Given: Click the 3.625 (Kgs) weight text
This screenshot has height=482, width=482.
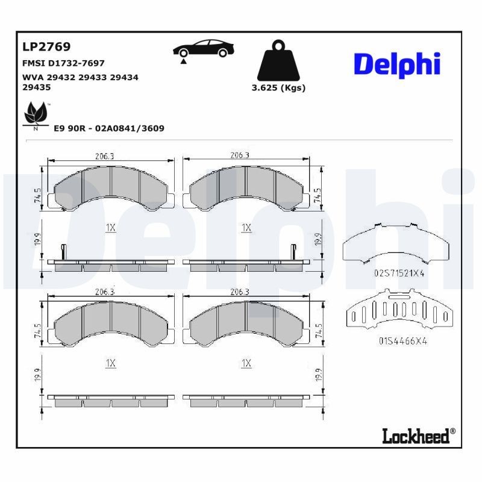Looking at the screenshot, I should click(x=278, y=88).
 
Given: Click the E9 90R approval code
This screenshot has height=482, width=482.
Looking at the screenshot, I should click(x=109, y=128).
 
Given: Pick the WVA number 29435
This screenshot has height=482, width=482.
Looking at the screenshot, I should click(x=37, y=87).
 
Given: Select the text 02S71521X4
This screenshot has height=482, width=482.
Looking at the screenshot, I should click(x=399, y=273).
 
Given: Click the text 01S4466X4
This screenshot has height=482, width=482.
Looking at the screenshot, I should click(x=402, y=340).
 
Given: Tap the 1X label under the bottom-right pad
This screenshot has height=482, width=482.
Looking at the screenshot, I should click(x=246, y=363).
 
